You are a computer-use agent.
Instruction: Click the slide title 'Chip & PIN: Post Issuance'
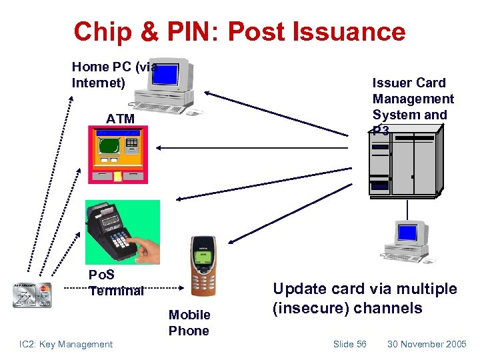pyautogui.click(x=239, y=31)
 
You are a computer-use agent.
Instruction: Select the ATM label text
pyautogui.click(x=120, y=119)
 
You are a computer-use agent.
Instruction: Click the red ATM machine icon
pyautogui.click(x=118, y=155)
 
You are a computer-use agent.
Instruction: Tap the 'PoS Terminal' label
pyautogui.click(x=116, y=283)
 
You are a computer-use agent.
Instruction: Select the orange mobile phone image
pyautogui.click(x=203, y=266)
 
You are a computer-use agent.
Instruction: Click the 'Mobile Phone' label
pyautogui.click(x=189, y=323)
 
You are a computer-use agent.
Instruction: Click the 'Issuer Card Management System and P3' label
pyautogui.click(x=412, y=107)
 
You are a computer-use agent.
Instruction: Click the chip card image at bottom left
pyautogui.click(x=31, y=295)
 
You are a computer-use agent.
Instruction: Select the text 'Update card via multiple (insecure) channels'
pyautogui.click(x=365, y=298)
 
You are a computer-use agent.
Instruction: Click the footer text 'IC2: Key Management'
pyautogui.click(x=66, y=344)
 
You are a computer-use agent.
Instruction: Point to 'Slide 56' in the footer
pyautogui.click(x=349, y=344)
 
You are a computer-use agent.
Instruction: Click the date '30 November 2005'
pyautogui.click(x=427, y=344)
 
